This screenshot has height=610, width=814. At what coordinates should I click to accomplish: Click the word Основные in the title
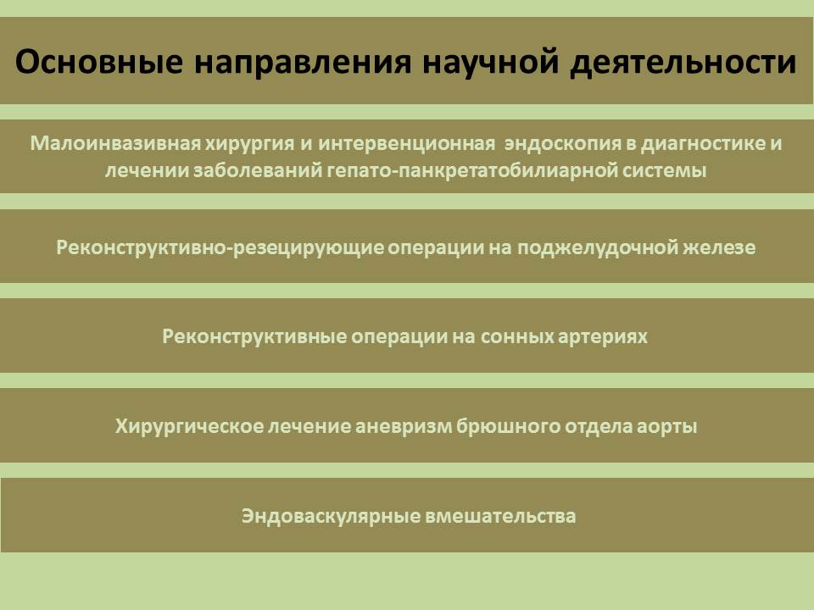point(99,61)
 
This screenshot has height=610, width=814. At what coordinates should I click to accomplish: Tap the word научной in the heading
point(491,63)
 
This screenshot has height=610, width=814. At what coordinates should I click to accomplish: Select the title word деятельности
point(683,63)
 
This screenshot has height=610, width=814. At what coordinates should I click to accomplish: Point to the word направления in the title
point(304,63)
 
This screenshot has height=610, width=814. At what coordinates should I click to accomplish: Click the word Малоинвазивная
point(115,143)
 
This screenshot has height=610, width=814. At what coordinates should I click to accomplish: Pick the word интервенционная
point(406,144)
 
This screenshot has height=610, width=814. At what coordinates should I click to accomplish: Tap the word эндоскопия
point(563,144)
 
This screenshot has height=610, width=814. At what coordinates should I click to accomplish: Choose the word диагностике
point(703,144)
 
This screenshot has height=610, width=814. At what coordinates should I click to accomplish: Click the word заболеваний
point(258,170)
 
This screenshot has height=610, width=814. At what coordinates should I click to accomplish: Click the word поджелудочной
point(597,248)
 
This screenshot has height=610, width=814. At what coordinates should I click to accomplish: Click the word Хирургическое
point(189,426)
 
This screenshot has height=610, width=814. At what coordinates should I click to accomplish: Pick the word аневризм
point(404,427)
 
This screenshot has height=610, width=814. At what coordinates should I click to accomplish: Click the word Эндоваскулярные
point(331,517)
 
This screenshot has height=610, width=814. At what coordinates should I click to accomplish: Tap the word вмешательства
point(500,517)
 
